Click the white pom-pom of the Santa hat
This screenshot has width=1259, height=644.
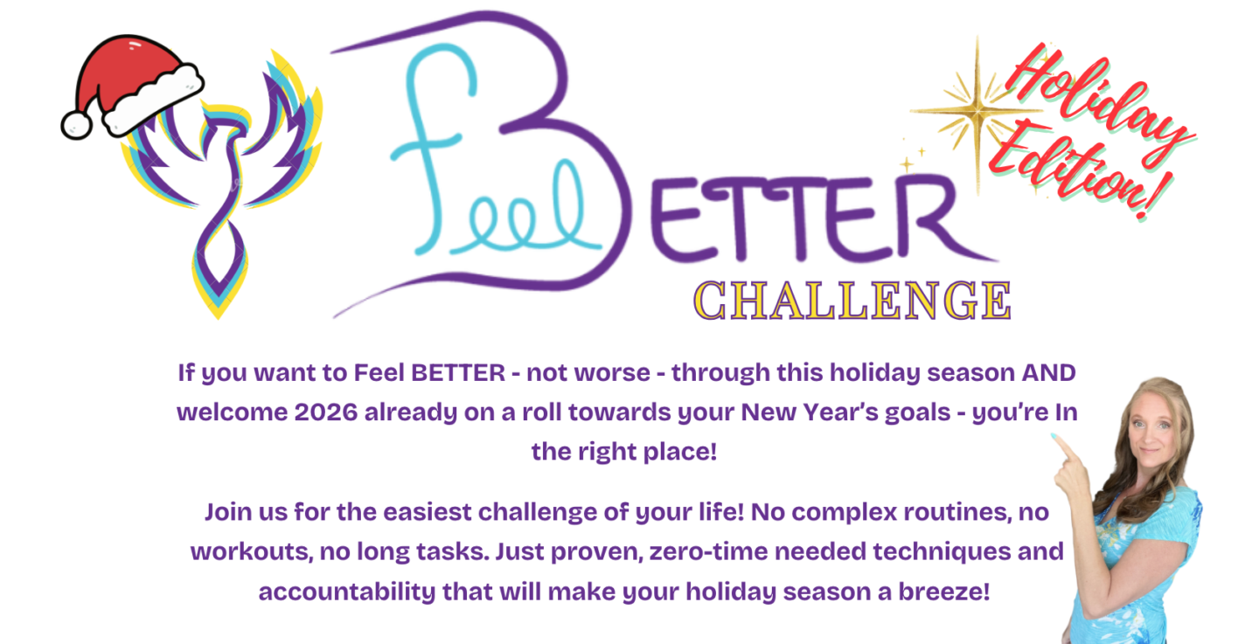pos(77,125)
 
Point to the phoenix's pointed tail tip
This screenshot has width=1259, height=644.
pos(219,317)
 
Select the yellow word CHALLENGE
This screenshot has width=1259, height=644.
pos(852,301)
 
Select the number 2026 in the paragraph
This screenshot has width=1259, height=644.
pos(326,412)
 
